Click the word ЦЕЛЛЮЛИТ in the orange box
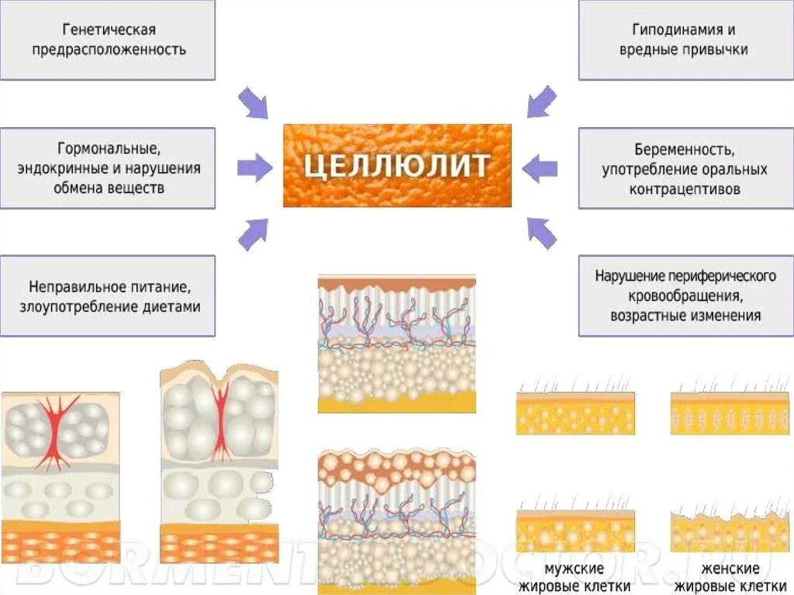point(396,165)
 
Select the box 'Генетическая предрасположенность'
point(108,40)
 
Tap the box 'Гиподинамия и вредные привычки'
point(685,40)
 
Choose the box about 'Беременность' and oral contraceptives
point(685,168)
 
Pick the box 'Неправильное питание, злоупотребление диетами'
point(108,296)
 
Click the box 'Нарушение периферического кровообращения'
point(685,296)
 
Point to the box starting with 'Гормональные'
point(108,168)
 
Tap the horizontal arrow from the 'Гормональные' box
point(254,165)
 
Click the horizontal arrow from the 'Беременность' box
point(540,167)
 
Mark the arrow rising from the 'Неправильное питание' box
point(253,234)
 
